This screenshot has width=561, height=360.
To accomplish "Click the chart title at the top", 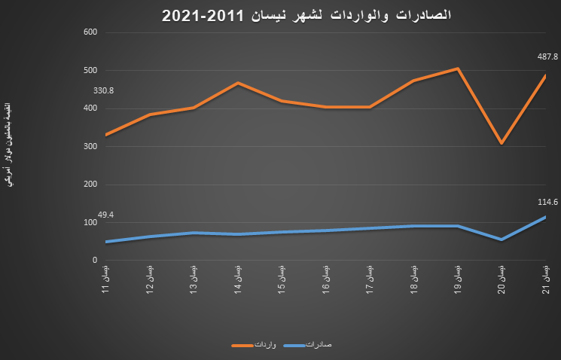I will coord(306,14).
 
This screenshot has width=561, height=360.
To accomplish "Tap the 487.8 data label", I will coord(547,56).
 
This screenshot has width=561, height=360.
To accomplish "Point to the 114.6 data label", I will coord(547,202).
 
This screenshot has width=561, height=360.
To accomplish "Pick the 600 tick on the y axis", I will coord(91,32).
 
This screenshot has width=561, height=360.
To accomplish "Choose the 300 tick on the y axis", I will coord(91,146).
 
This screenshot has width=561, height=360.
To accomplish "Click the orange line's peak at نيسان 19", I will coord(458,69).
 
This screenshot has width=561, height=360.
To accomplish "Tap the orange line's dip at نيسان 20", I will coord(502,143).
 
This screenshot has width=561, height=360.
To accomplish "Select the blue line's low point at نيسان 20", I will coord(502,239).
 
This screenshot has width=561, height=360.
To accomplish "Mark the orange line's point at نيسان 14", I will coord(238,83).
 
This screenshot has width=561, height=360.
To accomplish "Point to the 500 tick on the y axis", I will coord(91,70).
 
